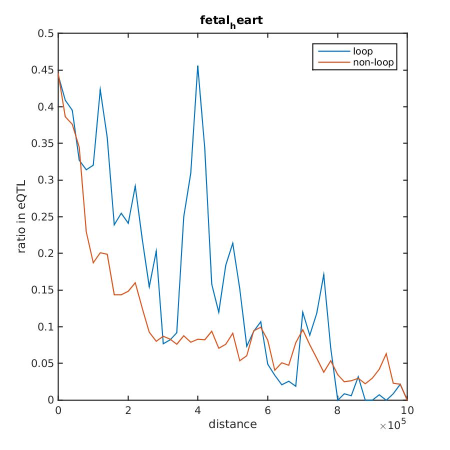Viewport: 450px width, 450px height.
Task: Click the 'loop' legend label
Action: click(x=362, y=51)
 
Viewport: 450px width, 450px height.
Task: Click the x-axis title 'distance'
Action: click(x=232, y=424)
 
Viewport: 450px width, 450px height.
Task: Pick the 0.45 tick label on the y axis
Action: click(x=43, y=70)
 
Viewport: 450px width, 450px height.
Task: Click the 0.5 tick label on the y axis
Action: click(x=47, y=33)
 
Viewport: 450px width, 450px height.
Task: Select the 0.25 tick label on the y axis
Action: click(x=43, y=216)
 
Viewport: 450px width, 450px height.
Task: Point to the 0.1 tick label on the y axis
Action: click(x=47, y=326)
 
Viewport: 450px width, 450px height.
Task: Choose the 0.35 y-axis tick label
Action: click(x=43, y=143)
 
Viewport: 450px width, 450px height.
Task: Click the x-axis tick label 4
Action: click(x=198, y=410)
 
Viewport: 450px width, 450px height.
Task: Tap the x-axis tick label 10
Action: click(x=407, y=410)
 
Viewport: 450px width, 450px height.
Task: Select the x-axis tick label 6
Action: click(x=268, y=410)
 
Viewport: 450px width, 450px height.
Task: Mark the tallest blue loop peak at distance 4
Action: click(x=198, y=66)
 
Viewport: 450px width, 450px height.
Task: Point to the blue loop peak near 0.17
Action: click(x=324, y=274)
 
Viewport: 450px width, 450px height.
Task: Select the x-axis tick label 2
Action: click(x=128, y=410)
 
